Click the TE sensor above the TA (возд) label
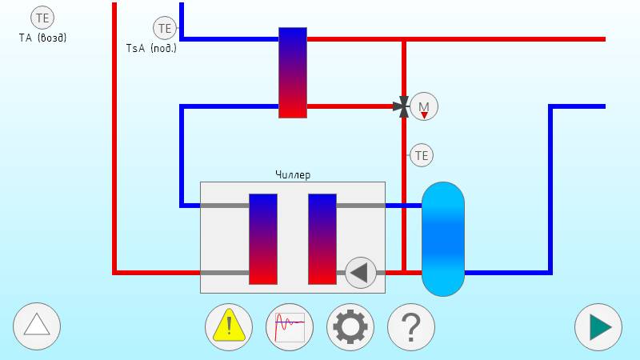[42, 17]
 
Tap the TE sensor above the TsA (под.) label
[165, 29]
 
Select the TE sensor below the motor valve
[421, 155]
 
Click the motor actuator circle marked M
[424, 106]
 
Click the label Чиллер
[293, 175]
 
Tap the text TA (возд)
[42, 37]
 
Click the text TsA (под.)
[151, 48]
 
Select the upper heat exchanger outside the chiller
[293, 72]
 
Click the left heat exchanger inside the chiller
[263, 238]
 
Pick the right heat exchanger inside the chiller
[322, 238]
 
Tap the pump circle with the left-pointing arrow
[361, 272]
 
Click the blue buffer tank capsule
[442, 238]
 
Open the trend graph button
[290, 327]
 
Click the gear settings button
[350, 327]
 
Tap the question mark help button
[411, 327]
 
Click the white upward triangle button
[37, 326]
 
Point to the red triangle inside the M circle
[424, 114]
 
